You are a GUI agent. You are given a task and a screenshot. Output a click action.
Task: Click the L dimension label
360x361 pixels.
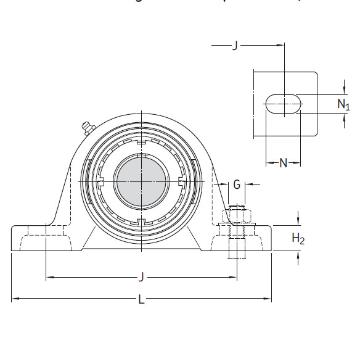(x=142, y=300)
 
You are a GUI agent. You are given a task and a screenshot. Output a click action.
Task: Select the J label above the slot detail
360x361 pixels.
(x=235, y=46)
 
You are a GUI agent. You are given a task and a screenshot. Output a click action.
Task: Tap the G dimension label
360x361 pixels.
(x=237, y=184)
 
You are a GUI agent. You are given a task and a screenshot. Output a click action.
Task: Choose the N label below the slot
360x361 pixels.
(x=284, y=163)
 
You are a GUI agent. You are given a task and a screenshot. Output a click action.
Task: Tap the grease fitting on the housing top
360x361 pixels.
(x=85, y=128)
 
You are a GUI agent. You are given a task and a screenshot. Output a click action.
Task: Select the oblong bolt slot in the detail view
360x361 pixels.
(x=284, y=104)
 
